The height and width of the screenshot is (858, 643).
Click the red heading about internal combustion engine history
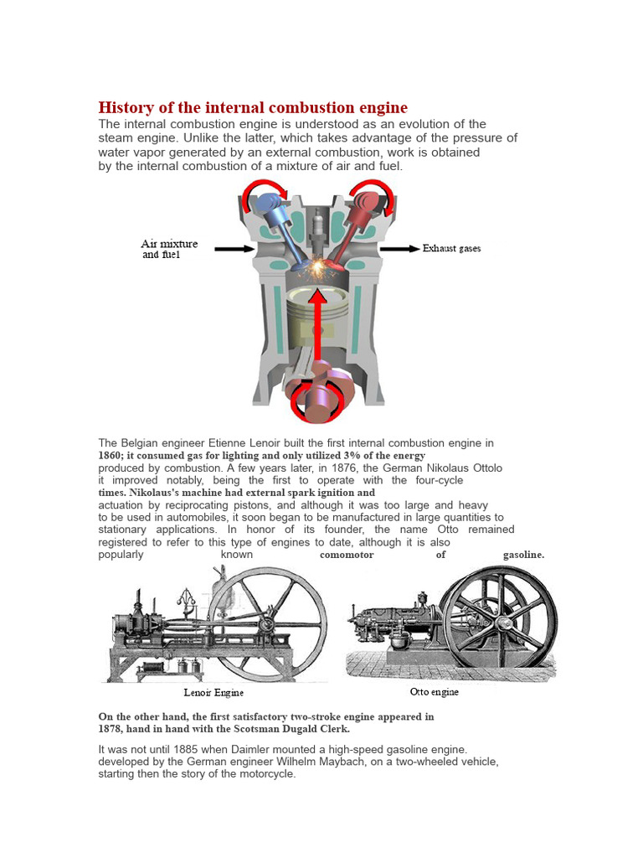click(253, 107)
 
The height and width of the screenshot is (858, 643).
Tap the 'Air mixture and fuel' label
click(169, 249)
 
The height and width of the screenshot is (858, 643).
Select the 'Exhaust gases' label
click(451, 249)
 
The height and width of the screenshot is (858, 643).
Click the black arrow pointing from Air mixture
click(234, 249)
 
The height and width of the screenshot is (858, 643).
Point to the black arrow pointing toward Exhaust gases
click(400, 249)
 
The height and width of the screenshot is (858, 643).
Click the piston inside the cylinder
click(317, 315)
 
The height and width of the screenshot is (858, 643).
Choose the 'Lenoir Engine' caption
click(213, 693)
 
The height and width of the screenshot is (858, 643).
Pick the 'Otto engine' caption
click(434, 692)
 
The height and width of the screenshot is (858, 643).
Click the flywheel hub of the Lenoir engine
click(266, 623)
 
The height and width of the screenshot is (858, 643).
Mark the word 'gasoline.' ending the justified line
click(523, 555)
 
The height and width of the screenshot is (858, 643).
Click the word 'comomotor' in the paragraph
click(347, 555)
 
